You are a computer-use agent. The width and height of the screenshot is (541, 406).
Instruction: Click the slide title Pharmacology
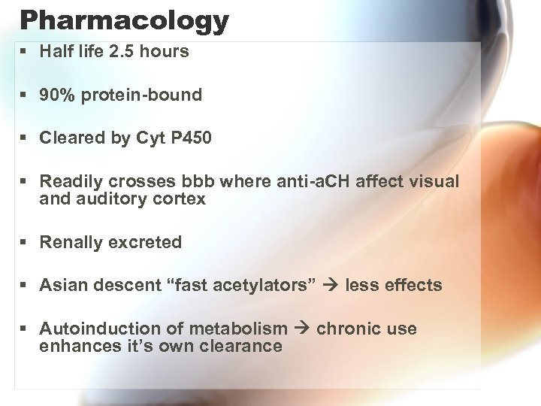(124, 20)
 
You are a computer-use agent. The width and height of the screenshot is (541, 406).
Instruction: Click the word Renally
(71, 242)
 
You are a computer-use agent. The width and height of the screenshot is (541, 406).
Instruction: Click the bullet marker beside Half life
(26, 52)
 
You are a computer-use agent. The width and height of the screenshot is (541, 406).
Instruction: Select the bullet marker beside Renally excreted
(26, 242)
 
